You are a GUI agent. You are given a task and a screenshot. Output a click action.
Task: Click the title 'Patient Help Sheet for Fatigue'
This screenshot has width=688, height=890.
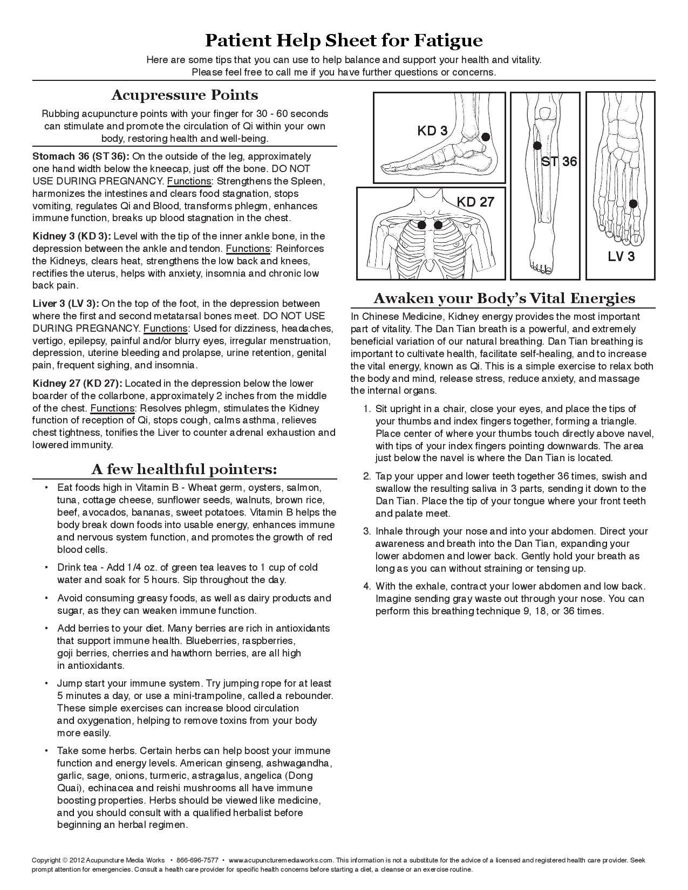pos(344,40)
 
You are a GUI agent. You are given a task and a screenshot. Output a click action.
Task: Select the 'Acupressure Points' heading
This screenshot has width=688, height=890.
pos(185,95)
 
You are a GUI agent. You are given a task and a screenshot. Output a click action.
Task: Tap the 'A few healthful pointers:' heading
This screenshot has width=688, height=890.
pos(185,469)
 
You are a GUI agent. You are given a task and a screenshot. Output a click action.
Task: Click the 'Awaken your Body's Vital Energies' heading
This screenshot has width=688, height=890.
pos(505,298)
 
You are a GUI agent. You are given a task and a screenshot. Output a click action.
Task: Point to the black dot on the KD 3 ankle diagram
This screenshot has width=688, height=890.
pos(485,137)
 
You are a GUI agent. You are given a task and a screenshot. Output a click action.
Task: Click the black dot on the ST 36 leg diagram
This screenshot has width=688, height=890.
pos(537,146)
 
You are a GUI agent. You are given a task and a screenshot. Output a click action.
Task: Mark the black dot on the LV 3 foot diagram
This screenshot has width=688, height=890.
pos(633,204)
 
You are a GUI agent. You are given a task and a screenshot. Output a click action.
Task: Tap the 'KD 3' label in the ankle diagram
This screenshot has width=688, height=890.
pos(432,131)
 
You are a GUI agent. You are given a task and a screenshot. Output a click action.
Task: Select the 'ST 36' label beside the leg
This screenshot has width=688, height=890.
pos(559,161)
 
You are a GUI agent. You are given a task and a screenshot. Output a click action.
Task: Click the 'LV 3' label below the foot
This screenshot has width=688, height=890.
pos(621,256)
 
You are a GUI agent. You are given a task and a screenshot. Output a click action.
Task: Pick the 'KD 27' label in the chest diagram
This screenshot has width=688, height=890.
pos(475,202)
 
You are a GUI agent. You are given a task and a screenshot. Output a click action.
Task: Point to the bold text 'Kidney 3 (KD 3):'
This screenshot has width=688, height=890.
pos(72,236)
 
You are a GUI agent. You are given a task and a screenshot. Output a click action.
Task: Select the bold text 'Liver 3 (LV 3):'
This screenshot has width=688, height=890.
pos(66,304)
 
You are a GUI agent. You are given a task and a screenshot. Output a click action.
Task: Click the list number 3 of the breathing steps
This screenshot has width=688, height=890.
pos(366,531)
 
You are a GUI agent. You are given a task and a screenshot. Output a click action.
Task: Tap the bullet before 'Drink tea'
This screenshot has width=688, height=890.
pos(47,567)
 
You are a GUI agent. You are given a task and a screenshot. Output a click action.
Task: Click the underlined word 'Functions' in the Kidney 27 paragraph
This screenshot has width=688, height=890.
pos(112,408)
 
